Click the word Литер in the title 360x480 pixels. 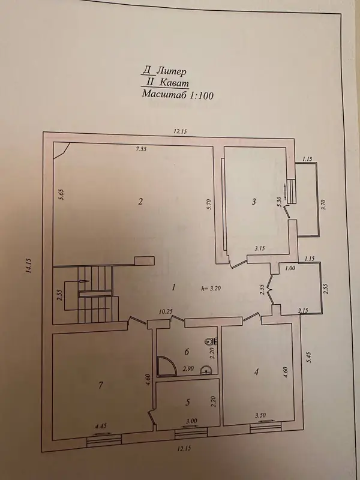pyautogui.click(x=171, y=71)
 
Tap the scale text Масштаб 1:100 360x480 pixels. pyautogui.click(x=178, y=94)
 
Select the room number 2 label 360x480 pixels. pyautogui.click(x=140, y=202)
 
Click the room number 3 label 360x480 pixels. pyautogui.click(x=254, y=202)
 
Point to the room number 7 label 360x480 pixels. pyautogui.click(x=101, y=385)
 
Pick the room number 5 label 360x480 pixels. pyautogui.click(x=188, y=402)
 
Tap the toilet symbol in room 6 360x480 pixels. pyautogui.click(x=211, y=341)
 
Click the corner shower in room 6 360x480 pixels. pyautogui.click(x=166, y=366)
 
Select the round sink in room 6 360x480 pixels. pyautogui.click(x=206, y=371)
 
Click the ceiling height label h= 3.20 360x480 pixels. pyautogui.click(x=212, y=288)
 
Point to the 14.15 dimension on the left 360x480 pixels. pyautogui.click(x=29, y=266)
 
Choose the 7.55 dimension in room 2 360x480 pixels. pyautogui.click(x=141, y=149)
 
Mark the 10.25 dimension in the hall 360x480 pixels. pyautogui.click(x=166, y=311)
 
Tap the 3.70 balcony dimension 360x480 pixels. pyautogui.click(x=325, y=204)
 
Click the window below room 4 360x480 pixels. pyautogui.click(x=265, y=429)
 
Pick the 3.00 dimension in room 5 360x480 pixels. pyautogui.click(x=191, y=421)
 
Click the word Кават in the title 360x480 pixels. pyautogui.click(x=174, y=83)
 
